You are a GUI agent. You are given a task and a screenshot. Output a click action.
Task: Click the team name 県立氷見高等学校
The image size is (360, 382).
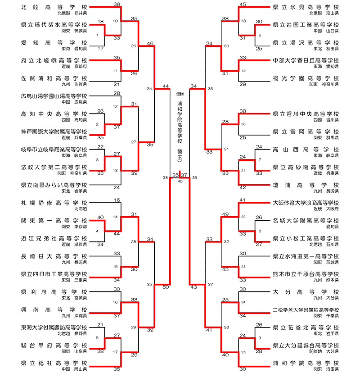click(306, 8)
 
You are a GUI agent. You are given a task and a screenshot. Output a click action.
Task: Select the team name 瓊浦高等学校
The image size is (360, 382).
click(306, 185)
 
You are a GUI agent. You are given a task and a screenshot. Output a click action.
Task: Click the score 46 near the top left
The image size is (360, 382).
click(150, 43)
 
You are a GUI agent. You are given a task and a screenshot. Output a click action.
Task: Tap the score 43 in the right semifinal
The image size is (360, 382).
click(194, 287)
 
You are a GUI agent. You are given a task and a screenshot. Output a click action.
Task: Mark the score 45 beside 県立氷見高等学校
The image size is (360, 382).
click(243, 5)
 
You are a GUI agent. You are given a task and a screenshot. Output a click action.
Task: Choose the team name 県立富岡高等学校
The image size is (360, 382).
click(306, 131)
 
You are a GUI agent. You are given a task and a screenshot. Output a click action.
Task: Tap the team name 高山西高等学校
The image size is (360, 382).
click(306, 149)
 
